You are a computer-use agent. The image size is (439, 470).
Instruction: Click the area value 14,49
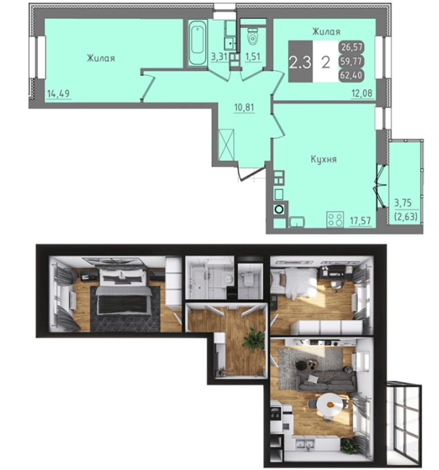tap(58, 94)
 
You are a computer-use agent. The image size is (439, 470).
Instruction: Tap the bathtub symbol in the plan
tap(198, 42)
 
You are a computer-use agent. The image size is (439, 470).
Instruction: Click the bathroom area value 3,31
tap(219, 56)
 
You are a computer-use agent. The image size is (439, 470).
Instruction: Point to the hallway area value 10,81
tap(244, 107)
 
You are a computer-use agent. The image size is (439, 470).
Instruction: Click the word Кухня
tap(323, 159)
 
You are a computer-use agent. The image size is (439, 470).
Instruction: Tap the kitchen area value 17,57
tap(360, 221)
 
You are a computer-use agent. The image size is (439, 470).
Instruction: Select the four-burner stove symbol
tap(335, 219)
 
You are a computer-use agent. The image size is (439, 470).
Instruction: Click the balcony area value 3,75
tap(403, 203)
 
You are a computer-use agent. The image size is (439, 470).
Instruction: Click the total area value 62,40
tap(351, 75)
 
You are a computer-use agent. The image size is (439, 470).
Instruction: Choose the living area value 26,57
tap(352, 47)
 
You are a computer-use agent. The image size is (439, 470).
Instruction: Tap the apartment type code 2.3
tap(300, 62)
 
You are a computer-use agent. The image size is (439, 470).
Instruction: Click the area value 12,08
tap(362, 93)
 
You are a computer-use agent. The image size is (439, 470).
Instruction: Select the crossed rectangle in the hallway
tap(226, 145)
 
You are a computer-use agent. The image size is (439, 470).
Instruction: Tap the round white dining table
tap(329, 405)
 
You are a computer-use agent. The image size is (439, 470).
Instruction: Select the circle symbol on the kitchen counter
tap(279, 209)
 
